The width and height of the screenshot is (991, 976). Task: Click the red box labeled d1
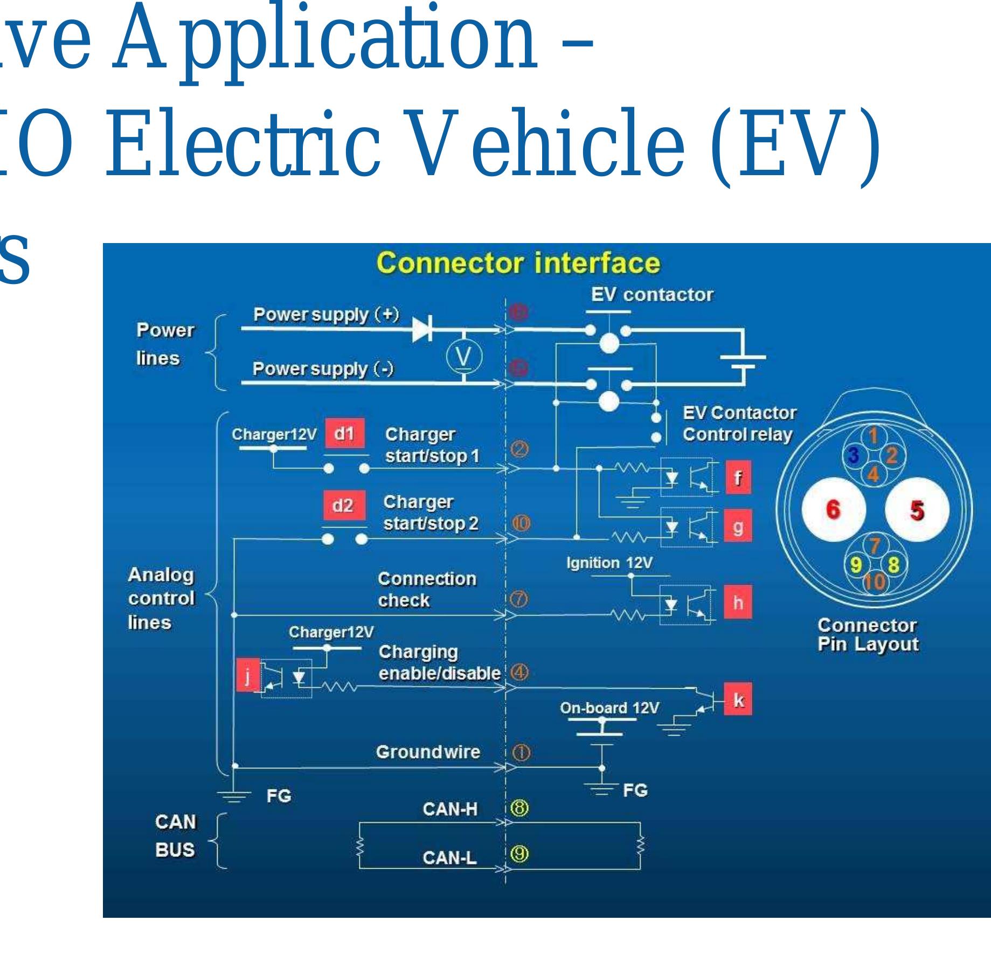pos(344,433)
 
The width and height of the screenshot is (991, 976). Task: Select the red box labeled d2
pos(343,506)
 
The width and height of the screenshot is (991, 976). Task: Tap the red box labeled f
pos(738,478)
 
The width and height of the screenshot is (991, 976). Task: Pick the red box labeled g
pos(738,527)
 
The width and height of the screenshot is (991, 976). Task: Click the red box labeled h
pos(738,603)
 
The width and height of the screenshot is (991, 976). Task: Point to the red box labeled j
pos(247,675)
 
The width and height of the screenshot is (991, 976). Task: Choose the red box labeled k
pos(738,700)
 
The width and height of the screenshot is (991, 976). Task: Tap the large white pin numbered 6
pos(833,509)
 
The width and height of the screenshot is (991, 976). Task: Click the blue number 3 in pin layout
pos(853,456)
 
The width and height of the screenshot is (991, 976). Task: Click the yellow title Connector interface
pos(518,264)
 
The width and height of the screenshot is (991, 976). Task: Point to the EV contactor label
pos(652,295)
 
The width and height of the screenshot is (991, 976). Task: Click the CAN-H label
pos(450,809)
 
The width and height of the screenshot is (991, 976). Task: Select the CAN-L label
pos(449,857)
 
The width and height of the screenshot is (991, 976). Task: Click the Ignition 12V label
pos(609,563)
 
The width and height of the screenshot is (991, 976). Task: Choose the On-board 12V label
pos(609,708)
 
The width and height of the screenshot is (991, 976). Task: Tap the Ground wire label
pos(428,752)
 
